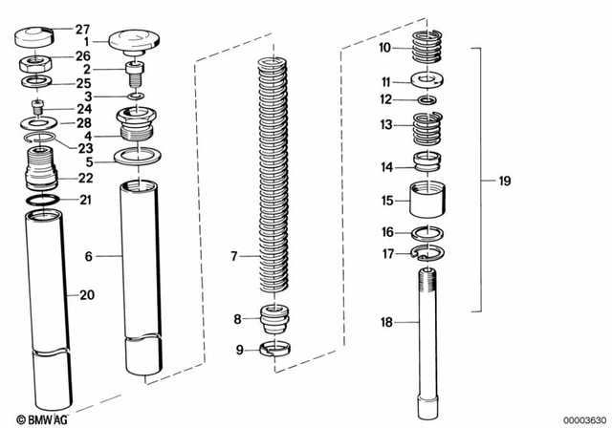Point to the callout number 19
point(505,180)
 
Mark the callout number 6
point(88,257)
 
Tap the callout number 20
point(87,295)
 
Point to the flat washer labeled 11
point(429,81)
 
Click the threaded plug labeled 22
point(41,168)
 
